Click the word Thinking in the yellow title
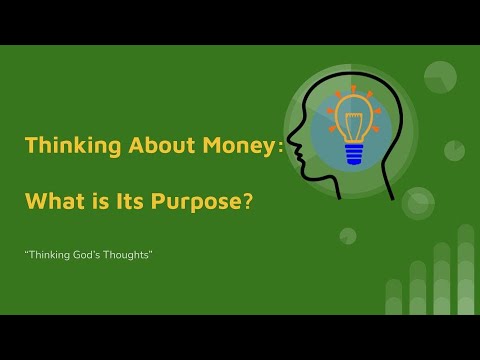63,146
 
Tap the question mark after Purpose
246,200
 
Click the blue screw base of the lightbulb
353,153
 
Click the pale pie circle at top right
440,77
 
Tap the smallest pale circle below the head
348,236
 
